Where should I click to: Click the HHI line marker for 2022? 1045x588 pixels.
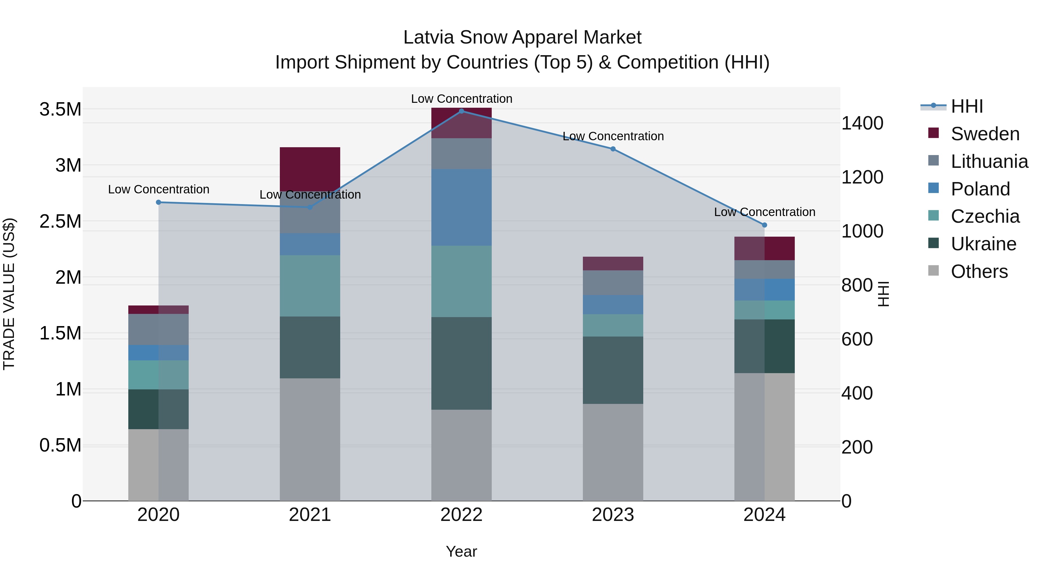click(x=461, y=111)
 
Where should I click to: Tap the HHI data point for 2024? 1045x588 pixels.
click(x=764, y=225)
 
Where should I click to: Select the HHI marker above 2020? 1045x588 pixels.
click(x=158, y=202)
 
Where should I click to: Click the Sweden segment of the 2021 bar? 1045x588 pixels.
click(x=310, y=169)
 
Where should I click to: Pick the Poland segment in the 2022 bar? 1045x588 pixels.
click(x=461, y=207)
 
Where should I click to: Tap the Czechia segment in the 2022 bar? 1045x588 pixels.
click(x=461, y=281)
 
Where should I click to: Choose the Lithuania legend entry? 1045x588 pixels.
click(x=989, y=161)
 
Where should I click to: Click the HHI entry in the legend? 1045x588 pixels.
click(x=967, y=106)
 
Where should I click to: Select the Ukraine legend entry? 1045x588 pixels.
click(x=983, y=244)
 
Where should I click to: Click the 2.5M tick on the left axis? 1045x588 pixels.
click(x=60, y=221)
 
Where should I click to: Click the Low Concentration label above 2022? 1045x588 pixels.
click(x=461, y=99)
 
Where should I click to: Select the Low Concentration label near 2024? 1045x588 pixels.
click(x=764, y=212)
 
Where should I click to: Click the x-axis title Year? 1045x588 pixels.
click(x=461, y=551)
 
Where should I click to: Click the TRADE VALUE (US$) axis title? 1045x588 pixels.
click(x=9, y=294)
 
